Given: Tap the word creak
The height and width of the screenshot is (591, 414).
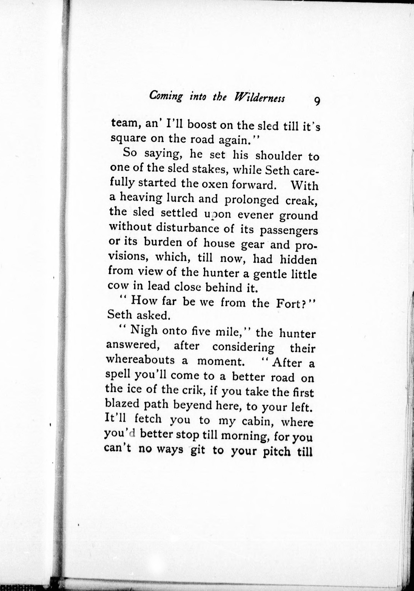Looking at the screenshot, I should click(x=301, y=200).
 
